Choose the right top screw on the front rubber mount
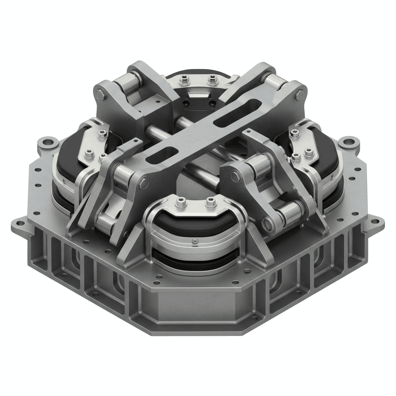(210, 201)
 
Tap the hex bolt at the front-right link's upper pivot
(235, 177)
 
